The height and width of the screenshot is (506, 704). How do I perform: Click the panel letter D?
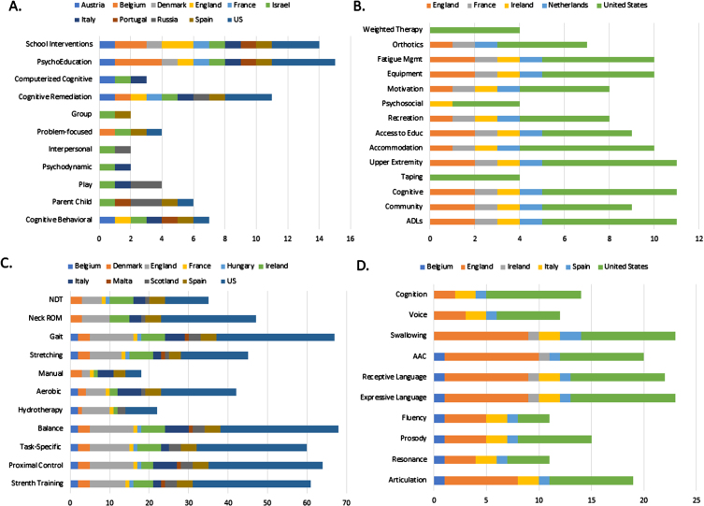pos(367,265)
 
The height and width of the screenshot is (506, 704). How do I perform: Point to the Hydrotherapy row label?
pos(42,411)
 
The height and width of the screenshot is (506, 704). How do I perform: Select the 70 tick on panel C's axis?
pos(345,498)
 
